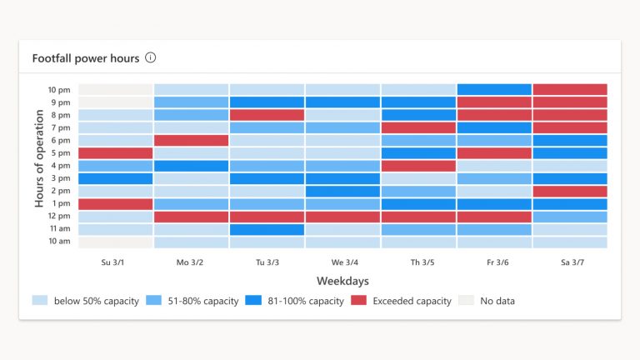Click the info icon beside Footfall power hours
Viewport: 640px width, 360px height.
150,58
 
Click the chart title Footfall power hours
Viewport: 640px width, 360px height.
86,58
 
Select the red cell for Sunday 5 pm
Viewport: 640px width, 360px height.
116,153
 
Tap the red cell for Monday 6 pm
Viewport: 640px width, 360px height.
192,140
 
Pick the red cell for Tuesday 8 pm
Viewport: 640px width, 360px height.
267,115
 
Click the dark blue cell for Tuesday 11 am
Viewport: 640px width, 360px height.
267,229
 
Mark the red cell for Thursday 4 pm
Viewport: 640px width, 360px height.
418,166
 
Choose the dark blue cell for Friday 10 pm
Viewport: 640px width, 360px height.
494,89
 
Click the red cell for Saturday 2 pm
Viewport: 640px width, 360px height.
570,191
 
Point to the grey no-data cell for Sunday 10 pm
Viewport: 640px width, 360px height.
116,89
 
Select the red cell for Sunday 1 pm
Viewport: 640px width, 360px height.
116,204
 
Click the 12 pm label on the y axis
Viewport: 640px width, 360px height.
58,217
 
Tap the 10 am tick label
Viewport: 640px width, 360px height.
58,242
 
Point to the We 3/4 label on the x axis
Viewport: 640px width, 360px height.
342,262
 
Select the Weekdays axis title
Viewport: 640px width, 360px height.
342,282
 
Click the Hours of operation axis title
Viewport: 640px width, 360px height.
39,165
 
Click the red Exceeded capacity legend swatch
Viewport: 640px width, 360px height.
358,301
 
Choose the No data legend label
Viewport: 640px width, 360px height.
497,301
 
